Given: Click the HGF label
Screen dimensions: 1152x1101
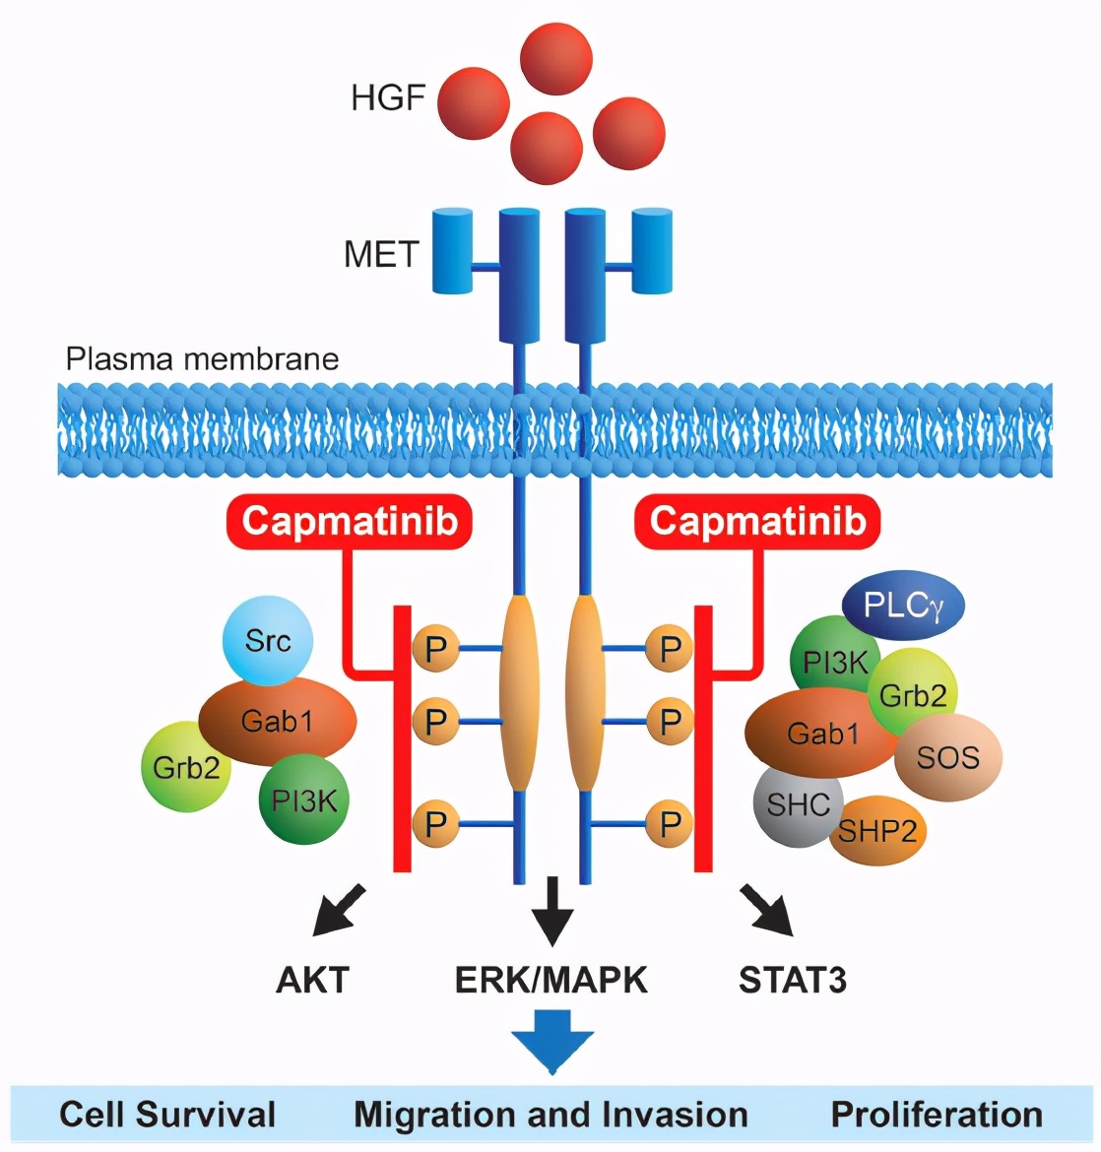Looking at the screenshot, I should click(387, 98).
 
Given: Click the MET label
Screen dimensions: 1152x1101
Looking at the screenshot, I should click(381, 255).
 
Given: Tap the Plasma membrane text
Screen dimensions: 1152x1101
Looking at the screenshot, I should click(202, 358).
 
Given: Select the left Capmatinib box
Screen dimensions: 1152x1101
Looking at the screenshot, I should click(350, 521).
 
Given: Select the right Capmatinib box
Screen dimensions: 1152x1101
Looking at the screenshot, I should click(757, 521).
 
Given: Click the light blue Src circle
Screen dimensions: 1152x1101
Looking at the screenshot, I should click(268, 641).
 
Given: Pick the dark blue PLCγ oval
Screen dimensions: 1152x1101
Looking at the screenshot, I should click(903, 606).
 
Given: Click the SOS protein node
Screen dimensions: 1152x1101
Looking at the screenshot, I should click(948, 757).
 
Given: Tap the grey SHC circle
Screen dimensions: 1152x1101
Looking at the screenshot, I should click(798, 804).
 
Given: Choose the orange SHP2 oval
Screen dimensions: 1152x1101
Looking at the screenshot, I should click(877, 832).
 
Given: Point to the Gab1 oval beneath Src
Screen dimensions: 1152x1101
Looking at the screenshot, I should click(278, 722).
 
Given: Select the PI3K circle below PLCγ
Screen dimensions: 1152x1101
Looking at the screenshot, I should click(834, 663).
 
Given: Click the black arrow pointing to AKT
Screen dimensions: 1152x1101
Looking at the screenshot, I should click(338, 910).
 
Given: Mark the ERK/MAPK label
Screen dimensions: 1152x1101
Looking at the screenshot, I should click(551, 980).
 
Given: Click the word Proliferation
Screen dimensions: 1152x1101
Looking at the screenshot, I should click(937, 1115).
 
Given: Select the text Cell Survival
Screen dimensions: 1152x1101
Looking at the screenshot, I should click(167, 1115).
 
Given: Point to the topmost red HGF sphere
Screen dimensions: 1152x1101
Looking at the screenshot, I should click(556, 58).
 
